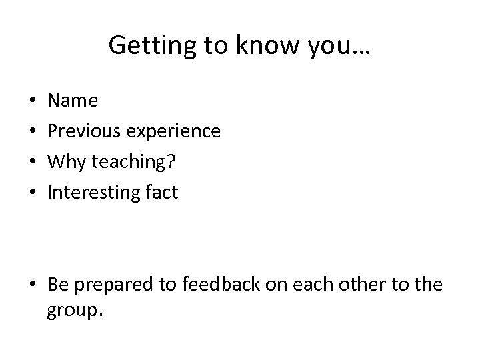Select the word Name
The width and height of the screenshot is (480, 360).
pyautogui.click(x=73, y=101)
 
